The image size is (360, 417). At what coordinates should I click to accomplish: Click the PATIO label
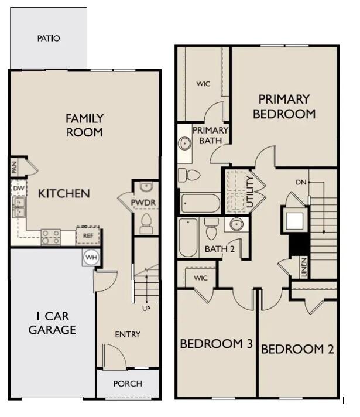[49, 39]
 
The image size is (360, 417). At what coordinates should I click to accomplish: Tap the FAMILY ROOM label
[84, 125]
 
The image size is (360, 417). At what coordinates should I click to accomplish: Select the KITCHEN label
[64, 193]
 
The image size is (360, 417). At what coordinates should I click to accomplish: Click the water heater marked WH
[91, 257]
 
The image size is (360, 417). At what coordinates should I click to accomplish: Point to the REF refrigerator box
[88, 235]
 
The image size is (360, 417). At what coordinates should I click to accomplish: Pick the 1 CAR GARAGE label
[52, 323]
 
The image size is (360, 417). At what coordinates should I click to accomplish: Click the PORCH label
[128, 384]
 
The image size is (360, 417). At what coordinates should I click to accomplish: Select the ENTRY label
[128, 334]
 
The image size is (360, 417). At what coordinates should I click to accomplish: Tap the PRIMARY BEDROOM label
[284, 107]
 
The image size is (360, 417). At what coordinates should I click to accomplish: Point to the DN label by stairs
[301, 183]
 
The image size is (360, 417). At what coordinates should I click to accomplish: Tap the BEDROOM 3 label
[215, 344]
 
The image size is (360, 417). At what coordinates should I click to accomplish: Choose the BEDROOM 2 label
[297, 350]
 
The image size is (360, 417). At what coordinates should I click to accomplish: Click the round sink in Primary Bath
[185, 143]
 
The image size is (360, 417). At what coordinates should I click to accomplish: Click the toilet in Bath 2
[212, 230]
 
